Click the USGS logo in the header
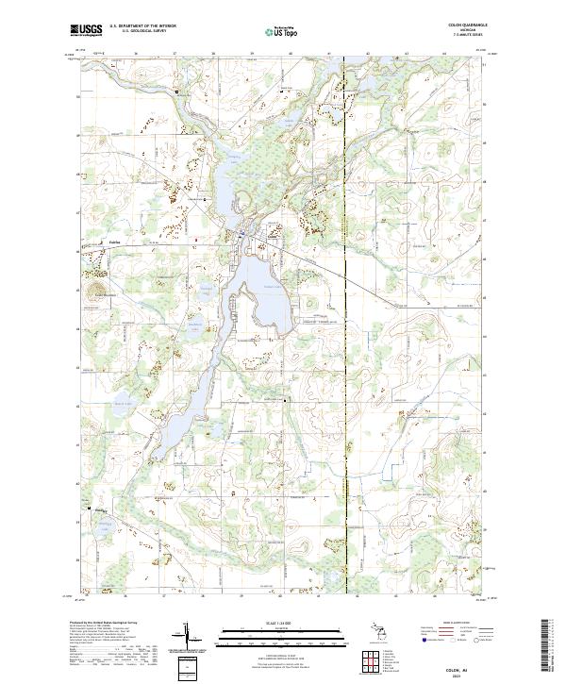point(86,30)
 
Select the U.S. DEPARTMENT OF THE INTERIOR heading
point(142,26)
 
